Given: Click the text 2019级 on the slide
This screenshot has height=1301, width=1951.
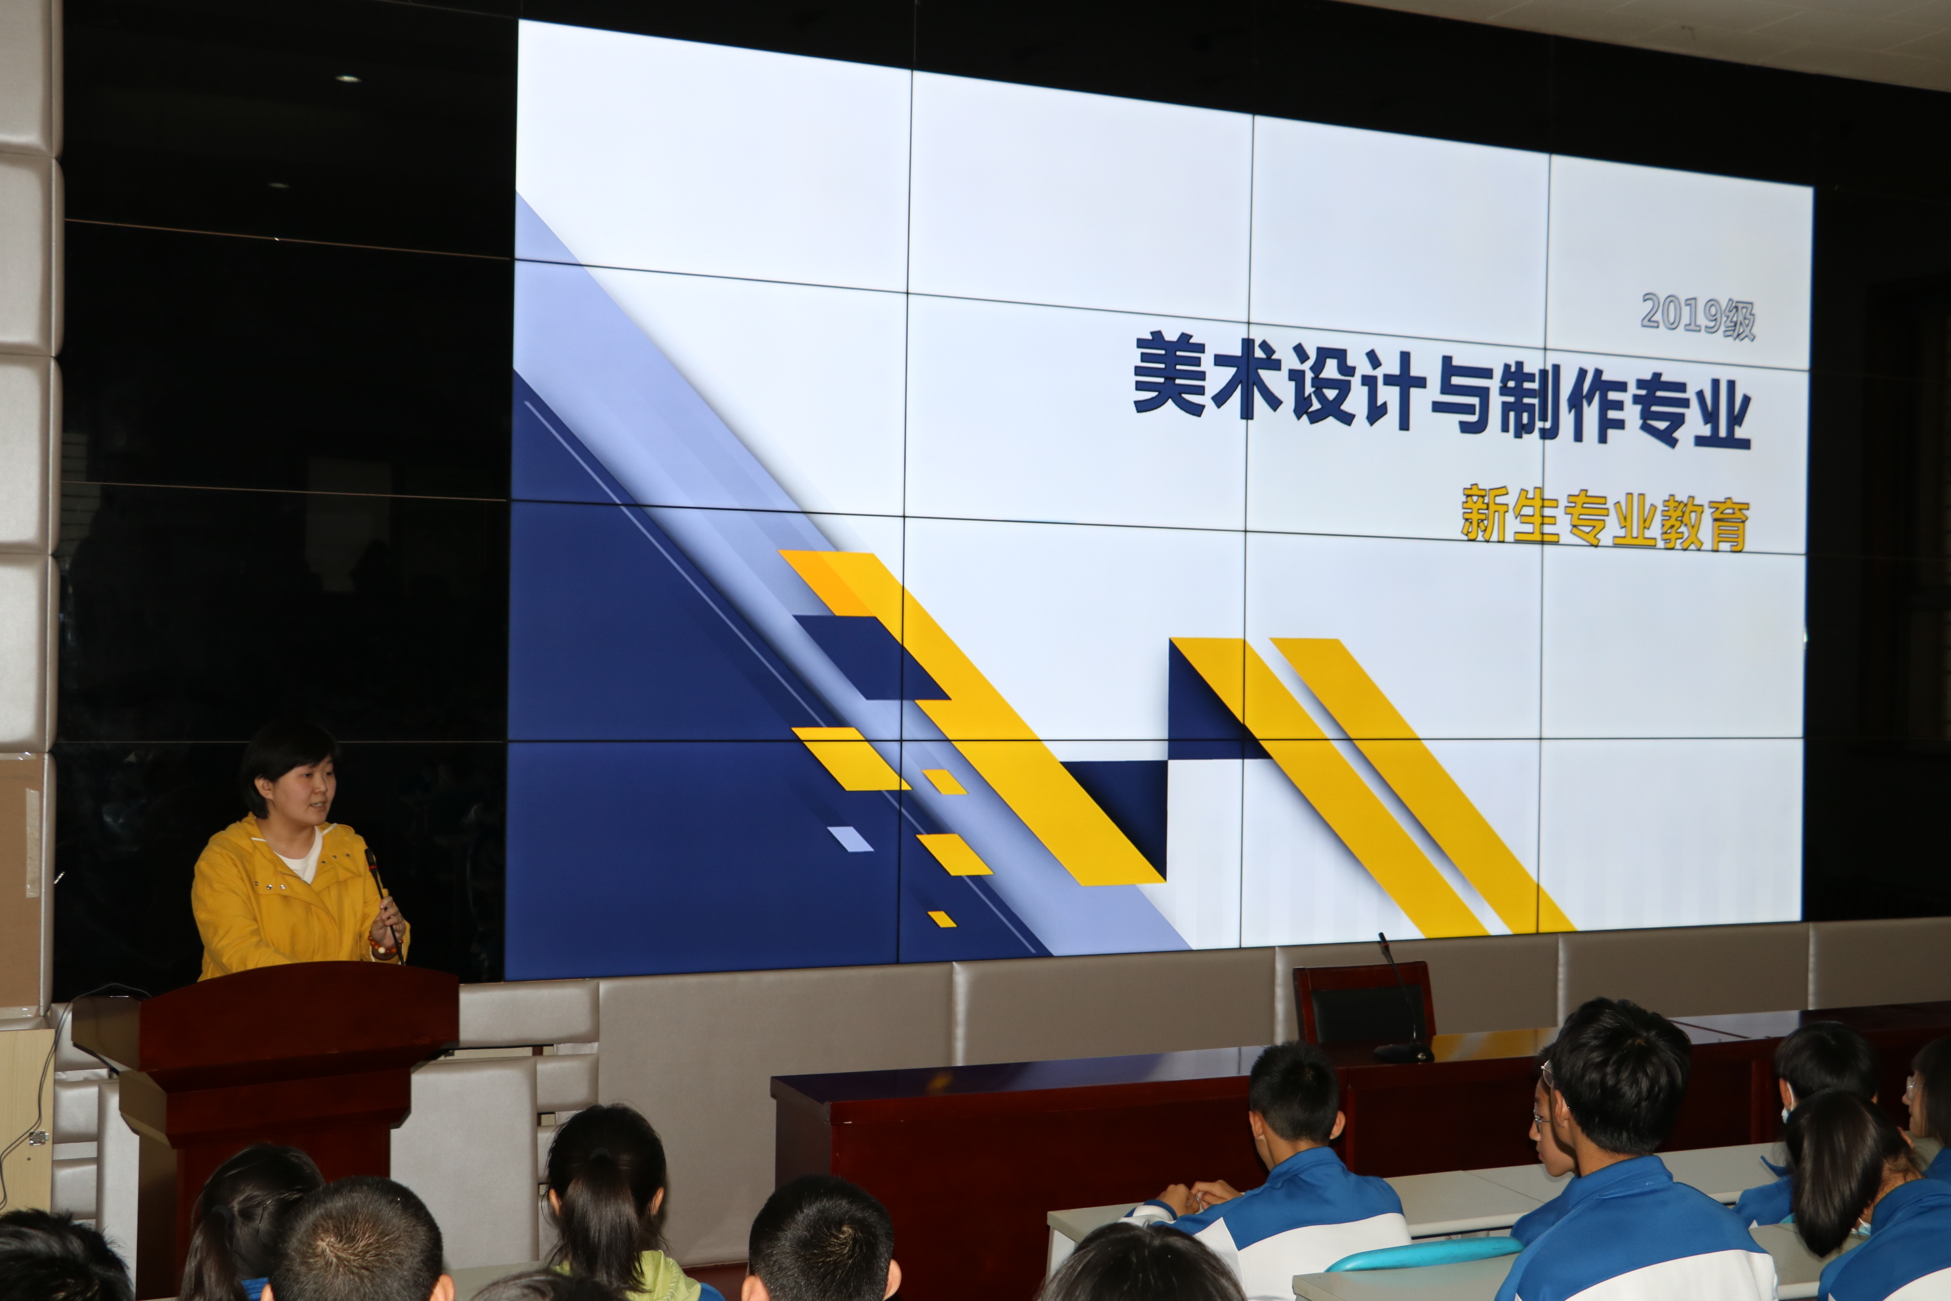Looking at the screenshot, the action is pos(1698,315).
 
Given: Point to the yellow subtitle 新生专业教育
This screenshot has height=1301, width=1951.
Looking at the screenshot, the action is pos(1604,519).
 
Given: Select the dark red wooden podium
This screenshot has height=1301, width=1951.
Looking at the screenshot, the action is pos(266,1104).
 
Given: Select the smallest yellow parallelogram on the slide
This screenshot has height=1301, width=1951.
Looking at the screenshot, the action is pos(941,919).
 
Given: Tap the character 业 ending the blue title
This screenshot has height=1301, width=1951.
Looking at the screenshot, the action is pos(1722,413).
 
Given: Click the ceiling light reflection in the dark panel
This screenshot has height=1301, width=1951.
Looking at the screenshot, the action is pos(347,79).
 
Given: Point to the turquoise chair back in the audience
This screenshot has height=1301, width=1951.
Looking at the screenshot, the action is pos(1423,1253).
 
